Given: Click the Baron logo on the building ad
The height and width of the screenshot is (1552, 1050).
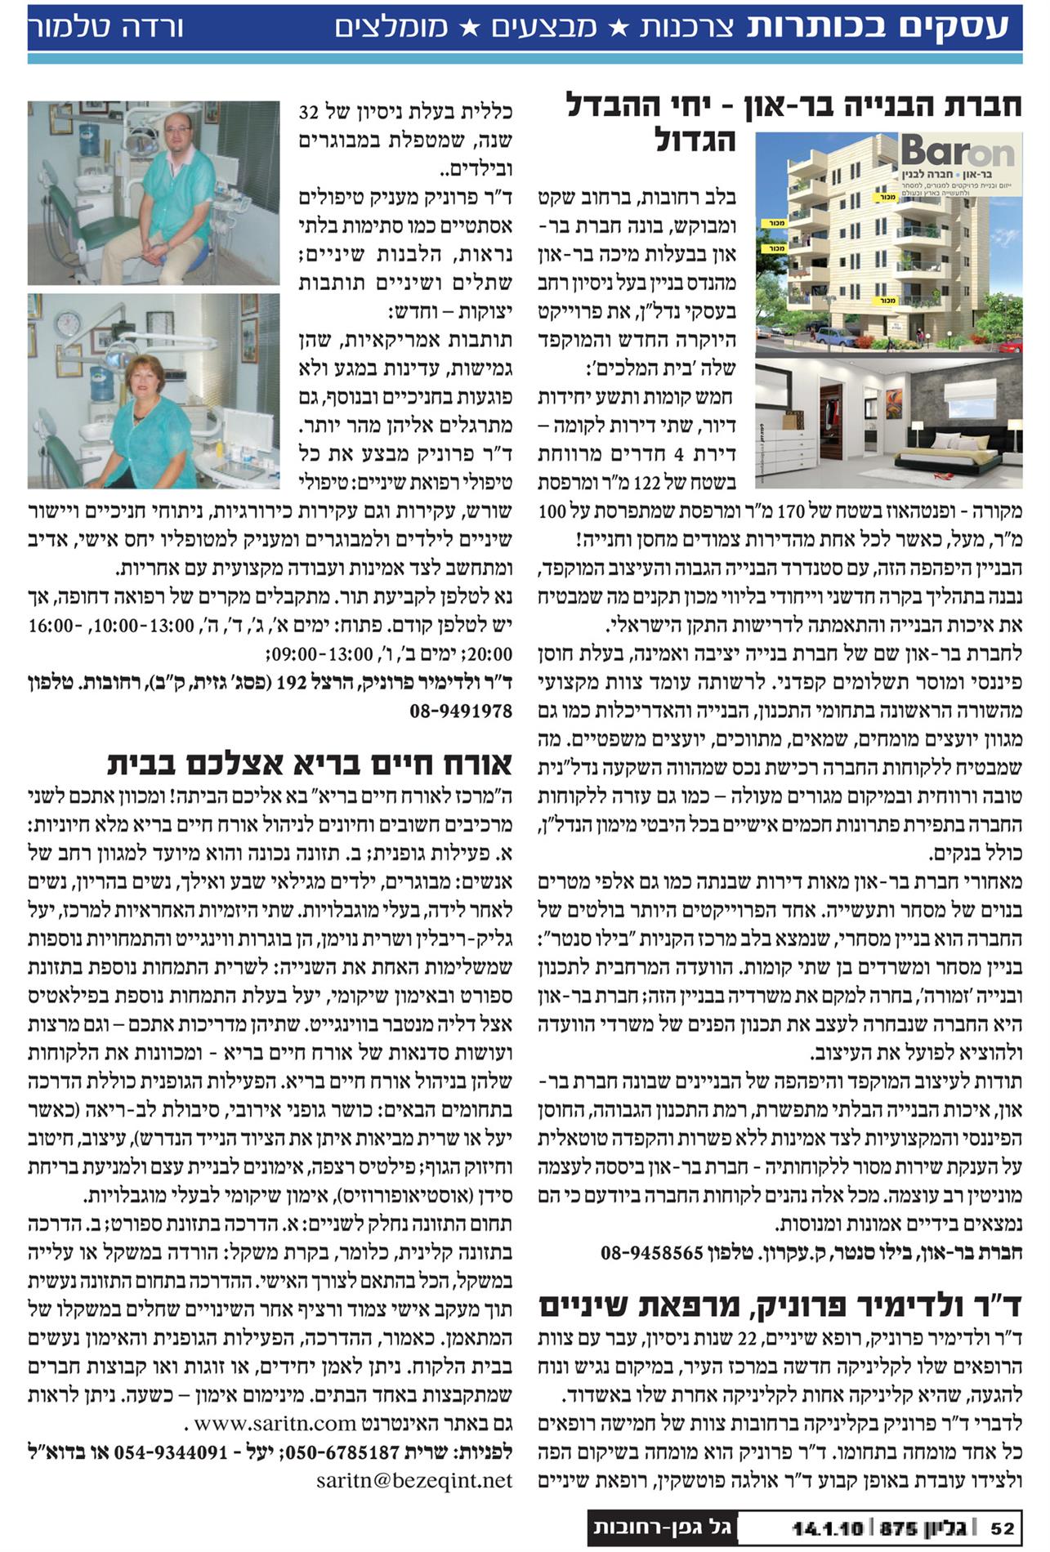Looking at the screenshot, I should pos(957,153).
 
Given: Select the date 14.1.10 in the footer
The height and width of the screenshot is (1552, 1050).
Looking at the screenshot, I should pos(829,1528).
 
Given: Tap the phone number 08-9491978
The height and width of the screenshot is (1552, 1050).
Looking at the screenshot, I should pos(461,711).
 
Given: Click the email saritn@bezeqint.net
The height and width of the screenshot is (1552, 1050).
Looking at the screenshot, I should pos(414,1481).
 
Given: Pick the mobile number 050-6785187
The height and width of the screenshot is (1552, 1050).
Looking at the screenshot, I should pos(343,1453).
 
